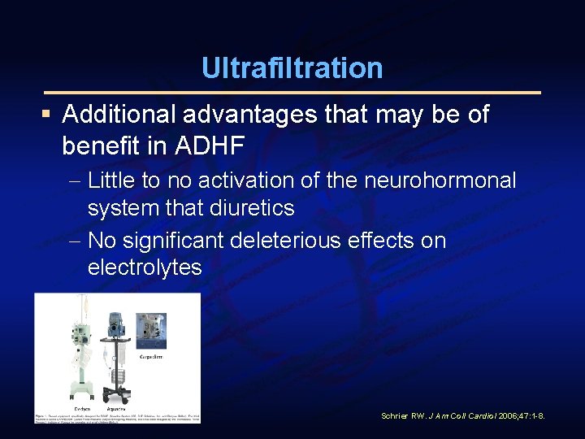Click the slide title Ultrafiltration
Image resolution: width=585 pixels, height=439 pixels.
tap(292, 67)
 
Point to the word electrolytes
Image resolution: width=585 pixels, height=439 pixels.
tap(145, 267)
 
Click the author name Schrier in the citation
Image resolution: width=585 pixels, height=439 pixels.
tap(396, 416)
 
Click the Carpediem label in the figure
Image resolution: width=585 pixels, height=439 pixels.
tap(172, 356)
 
